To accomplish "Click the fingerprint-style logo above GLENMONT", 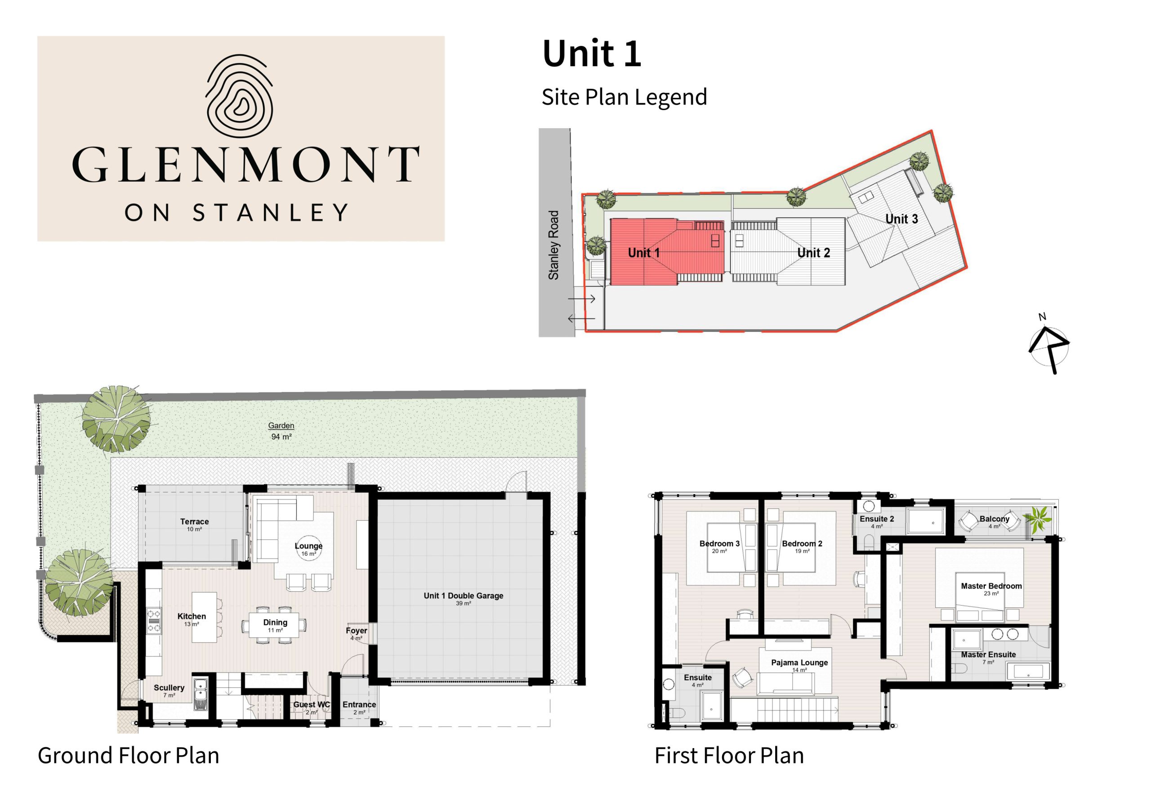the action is coord(239,96).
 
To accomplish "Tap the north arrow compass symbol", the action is coord(1048,345).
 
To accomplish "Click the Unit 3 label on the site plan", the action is coord(901,219).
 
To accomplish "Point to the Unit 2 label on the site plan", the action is coord(813,253).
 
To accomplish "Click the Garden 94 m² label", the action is coord(281,431).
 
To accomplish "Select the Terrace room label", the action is coord(194,524).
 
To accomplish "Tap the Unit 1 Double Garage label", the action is coord(463,598).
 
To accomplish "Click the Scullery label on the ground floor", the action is coord(169,691).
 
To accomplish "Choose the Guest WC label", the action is coord(312,707).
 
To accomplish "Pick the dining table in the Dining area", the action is coord(275,625).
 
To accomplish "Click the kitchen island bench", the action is coord(205,617).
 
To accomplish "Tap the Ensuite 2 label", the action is coord(876,522).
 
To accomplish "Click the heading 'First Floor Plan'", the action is coord(729,755).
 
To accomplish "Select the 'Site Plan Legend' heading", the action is coord(624,98).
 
